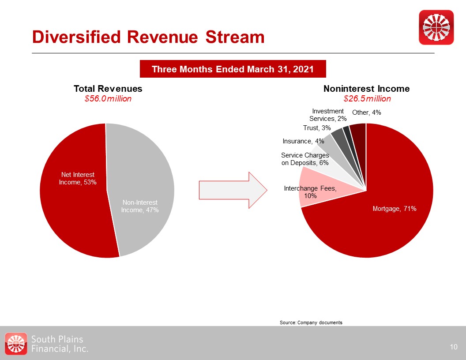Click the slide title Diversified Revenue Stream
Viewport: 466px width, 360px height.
(x=148, y=37)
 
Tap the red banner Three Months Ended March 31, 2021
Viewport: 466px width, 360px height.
(x=233, y=69)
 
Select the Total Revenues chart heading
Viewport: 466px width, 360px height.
(x=108, y=89)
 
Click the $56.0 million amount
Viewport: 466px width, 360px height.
(x=108, y=99)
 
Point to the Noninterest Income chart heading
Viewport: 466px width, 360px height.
(x=366, y=89)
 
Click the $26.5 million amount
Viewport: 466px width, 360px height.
(x=367, y=99)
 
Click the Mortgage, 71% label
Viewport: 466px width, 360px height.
(x=395, y=209)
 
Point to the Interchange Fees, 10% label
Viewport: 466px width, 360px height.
(x=310, y=192)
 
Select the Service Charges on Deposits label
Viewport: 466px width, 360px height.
(x=305, y=159)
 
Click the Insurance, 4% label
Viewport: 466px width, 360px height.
(x=303, y=141)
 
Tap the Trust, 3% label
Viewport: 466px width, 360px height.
(x=317, y=128)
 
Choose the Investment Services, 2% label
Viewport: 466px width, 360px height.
(x=328, y=115)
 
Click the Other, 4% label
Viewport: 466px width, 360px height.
(x=366, y=112)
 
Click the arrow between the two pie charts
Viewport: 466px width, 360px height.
(x=233, y=190)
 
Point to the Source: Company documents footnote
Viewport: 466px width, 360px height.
(x=311, y=322)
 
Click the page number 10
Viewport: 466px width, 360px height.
(x=454, y=347)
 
